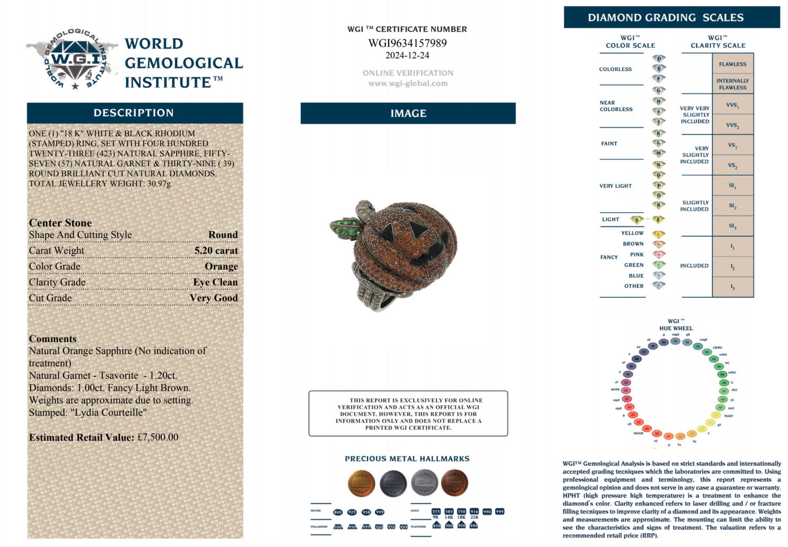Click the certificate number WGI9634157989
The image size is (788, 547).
(x=407, y=43)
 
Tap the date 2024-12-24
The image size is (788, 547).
(x=407, y=55)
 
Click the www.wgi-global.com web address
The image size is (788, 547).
(x=408, y=83)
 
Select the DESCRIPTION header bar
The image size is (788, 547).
(x=134, y=113)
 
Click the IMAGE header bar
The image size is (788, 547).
(x=408, y=113)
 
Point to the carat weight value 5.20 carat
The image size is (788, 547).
(x=216, y=250)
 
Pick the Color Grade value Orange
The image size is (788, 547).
(x=221, y=266)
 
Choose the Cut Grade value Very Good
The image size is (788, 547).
(x=214, y=298)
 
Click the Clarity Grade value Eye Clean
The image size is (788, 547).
(x=215, y=282)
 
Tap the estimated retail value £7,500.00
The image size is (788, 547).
(x=158, y=437)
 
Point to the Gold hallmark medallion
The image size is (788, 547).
(x=361, y=483)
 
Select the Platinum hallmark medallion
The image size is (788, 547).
(x=393, y=483)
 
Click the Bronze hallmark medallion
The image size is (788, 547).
(x=454, y=482)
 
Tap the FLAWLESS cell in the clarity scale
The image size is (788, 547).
(x=733, y=64)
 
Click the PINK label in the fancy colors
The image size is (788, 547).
(x=637, y=255)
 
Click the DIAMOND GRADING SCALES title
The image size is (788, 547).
(x=666, y=17)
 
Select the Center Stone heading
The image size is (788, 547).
(x=60, y=223)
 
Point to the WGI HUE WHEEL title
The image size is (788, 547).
(x=676, y=324)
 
